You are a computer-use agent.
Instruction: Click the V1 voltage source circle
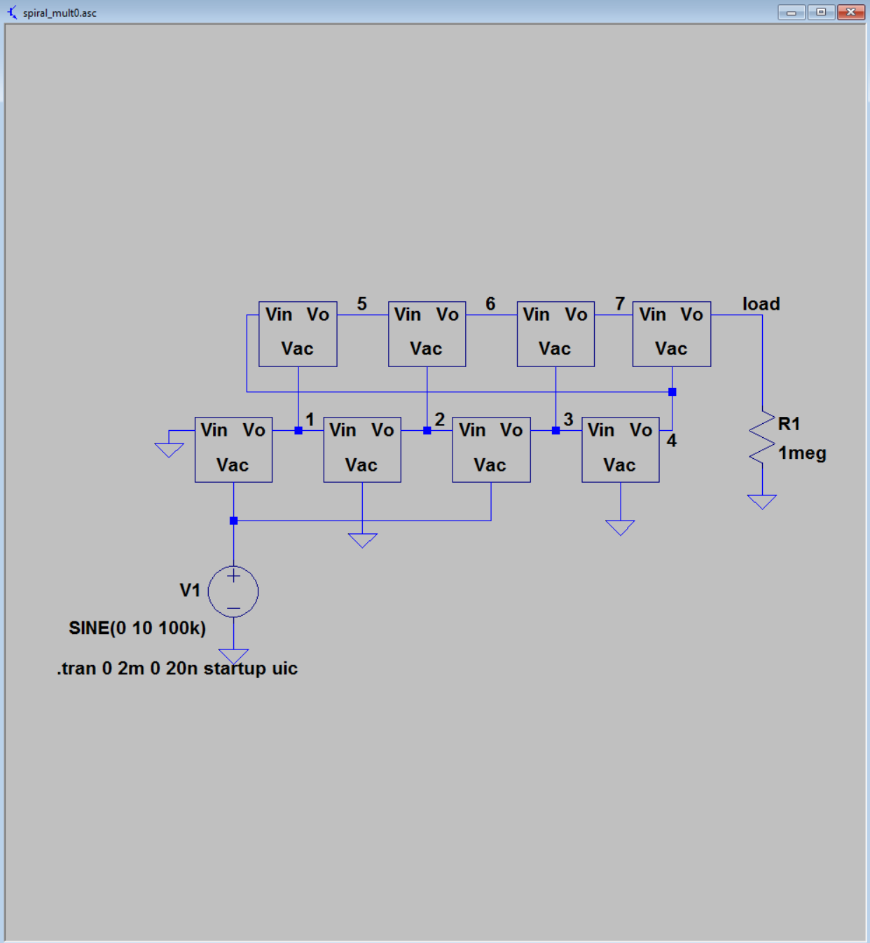click(x=233, y=591)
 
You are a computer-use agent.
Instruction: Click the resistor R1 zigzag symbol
click(x=761, y=438)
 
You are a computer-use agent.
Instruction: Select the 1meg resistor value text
click(x=802, y=453)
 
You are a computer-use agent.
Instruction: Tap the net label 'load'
click(x=761, y=304)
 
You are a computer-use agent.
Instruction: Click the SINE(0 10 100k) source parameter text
click(x=137, y=628)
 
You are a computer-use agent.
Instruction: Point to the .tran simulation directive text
click(x=177, y=668)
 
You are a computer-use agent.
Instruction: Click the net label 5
click(x=361, y=303)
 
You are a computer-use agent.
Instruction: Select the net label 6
click(x=490, y=303)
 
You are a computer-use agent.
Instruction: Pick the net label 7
click(x=620, y=303)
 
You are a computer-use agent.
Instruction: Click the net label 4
click(x=672, y=441)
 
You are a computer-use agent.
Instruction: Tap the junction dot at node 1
click(x=298, y=431)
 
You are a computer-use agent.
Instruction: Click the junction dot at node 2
click(x=427, y=431)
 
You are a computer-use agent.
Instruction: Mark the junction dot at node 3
click(x=556, y=431)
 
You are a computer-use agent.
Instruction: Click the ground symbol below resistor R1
click(x=761, y=501)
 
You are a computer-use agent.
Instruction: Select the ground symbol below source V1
click(x=233, y=656)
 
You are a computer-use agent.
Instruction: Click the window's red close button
click(x=850, y=12)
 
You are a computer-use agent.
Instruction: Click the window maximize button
click(x=821, y=12)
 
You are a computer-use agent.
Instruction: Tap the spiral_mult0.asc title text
click(x=60, y=13)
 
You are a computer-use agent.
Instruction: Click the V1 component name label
click(x=190, y=590)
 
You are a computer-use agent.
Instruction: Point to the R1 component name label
click(x=789, y=424)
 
